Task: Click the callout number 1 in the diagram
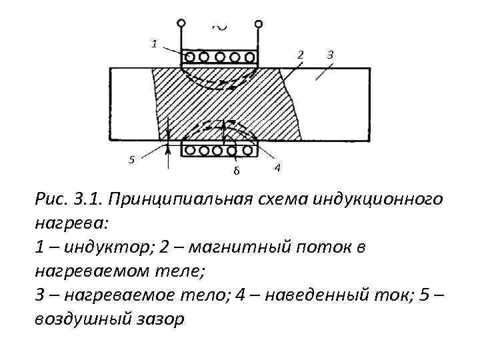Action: point(154,44)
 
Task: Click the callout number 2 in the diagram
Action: point(300,54)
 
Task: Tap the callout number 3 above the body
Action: point(330,53)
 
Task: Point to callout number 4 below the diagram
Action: point(277,167)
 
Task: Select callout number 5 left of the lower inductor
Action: point(131,159)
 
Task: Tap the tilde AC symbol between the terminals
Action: point(218,26)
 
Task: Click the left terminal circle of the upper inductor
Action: point(181,22)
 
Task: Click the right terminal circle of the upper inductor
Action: point(258,22)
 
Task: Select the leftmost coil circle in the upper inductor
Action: point(189,55)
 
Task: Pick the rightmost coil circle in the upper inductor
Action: point(250,55)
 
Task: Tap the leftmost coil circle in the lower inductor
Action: point(189,150)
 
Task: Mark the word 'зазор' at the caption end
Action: point(157,319)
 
